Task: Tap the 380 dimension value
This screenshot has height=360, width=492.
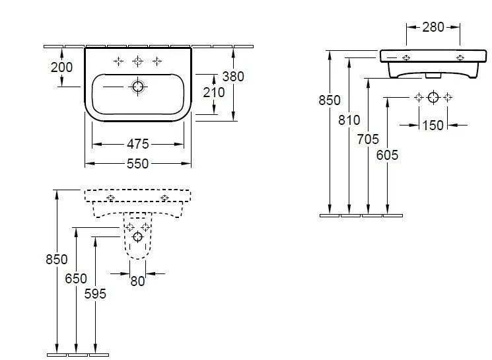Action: click(x=233, y=76)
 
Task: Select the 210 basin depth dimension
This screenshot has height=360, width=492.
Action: click(x=213, y=92)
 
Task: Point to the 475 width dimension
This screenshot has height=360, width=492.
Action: click(x=137, y=143)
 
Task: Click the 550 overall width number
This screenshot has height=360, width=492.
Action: click(x=137, y=163)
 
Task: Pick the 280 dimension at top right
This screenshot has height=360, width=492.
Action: click(x=433, y=27)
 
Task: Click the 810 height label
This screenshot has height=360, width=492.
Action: click(x=349, y=120)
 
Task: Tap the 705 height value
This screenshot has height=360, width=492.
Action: click(x=368, y=139)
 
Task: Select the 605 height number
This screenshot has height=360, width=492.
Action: click(x=387, y=155)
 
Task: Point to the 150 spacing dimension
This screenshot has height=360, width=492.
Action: click(x=433, y=125)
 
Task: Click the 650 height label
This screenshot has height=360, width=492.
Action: click(x=76, y=278)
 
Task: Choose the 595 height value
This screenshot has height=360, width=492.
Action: click(x=95, y=294)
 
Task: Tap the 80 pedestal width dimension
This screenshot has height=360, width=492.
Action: click(x=137, y=281)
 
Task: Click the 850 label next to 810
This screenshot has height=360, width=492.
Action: click(x=330, y=100)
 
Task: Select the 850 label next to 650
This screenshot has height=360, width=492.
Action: click(x=57, y=260)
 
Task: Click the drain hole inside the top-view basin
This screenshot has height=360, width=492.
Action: click(x=138, y=86)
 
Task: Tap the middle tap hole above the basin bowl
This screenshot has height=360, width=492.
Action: click(x=137, y=61)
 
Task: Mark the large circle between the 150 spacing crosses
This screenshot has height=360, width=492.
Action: click(x=433, y=98)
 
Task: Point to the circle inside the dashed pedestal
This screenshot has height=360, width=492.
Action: click(x=137, y=236)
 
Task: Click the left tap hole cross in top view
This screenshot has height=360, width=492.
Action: click(x=118, y=61)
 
